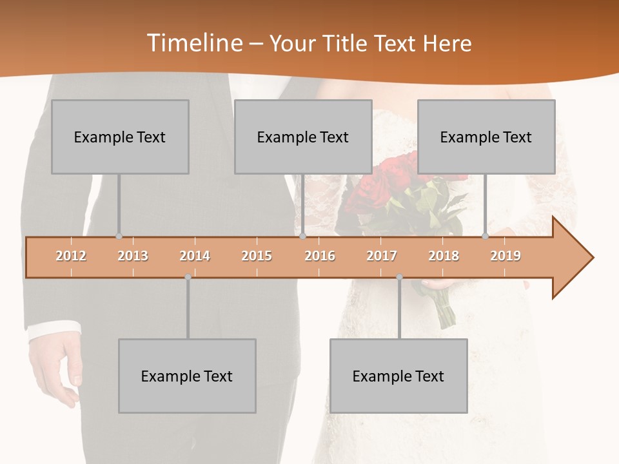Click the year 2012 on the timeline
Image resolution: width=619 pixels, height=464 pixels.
(x=71, y=256)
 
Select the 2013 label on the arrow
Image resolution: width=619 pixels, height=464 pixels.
(x=133, y=256)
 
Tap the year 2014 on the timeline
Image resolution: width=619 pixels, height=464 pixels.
(x=195, y=256)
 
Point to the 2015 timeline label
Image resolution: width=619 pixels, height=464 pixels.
(x=257, y=256)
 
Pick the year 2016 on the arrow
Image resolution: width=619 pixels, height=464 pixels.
(x=320, y=256)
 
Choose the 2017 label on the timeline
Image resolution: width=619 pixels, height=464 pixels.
(x=382, y=256)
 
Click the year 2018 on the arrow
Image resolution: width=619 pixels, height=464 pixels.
(x=444, y=256)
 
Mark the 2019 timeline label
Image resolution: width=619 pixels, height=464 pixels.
(x=506, y=256)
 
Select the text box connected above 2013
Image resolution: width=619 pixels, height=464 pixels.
(x=120, y=137)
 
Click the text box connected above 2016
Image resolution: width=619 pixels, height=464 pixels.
(x=303, y=137)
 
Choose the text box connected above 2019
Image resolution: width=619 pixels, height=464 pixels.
(x=486, y=137)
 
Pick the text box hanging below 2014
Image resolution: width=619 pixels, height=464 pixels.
(x=187, y=376)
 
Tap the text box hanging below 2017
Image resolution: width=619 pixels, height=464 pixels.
(x=398, y=376)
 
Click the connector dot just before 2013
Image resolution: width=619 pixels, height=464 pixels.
(x=119, y=237)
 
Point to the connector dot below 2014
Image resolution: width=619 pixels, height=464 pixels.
(x=188, y=277)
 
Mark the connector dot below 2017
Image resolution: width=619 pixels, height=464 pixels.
(x=399, y=277)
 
